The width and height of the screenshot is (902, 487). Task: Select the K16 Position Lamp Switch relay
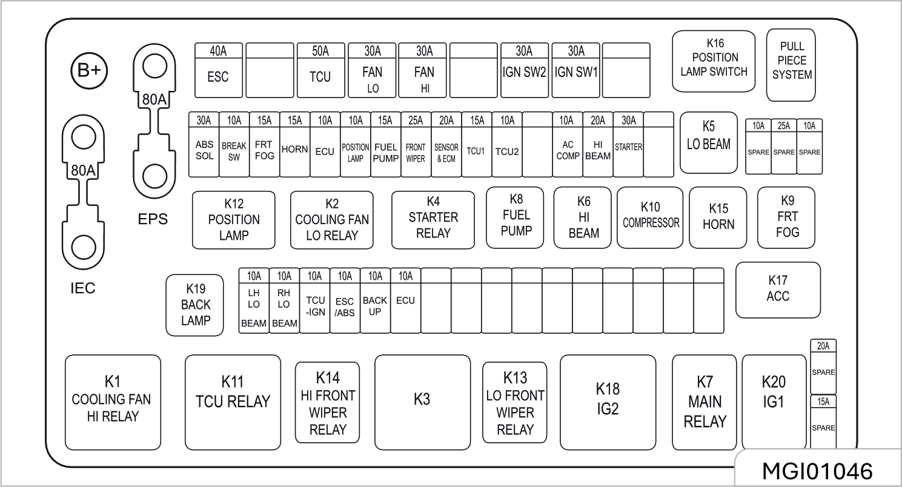click(x=714, y=61)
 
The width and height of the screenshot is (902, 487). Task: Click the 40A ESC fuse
click(x=218, y=70)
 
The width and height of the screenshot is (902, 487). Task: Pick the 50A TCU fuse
click(x=320, y=70)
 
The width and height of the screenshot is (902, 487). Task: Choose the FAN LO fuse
click(x=372, y=70)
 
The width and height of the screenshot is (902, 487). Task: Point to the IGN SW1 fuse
click(x=576, y=70)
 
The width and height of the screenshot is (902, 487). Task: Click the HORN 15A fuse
click(x=295, y=144)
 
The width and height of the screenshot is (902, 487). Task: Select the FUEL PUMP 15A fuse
click(x=386, y=144)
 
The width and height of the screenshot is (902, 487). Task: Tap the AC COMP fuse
click(x=568, y=144)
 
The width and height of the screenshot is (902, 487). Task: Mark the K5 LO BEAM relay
click(x=708, y=142)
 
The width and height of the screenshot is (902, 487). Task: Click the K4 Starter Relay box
click(x=433, y=219)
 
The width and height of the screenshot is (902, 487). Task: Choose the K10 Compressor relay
click(x=651, y=217)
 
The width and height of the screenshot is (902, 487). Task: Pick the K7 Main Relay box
click(x=705, y=402)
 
